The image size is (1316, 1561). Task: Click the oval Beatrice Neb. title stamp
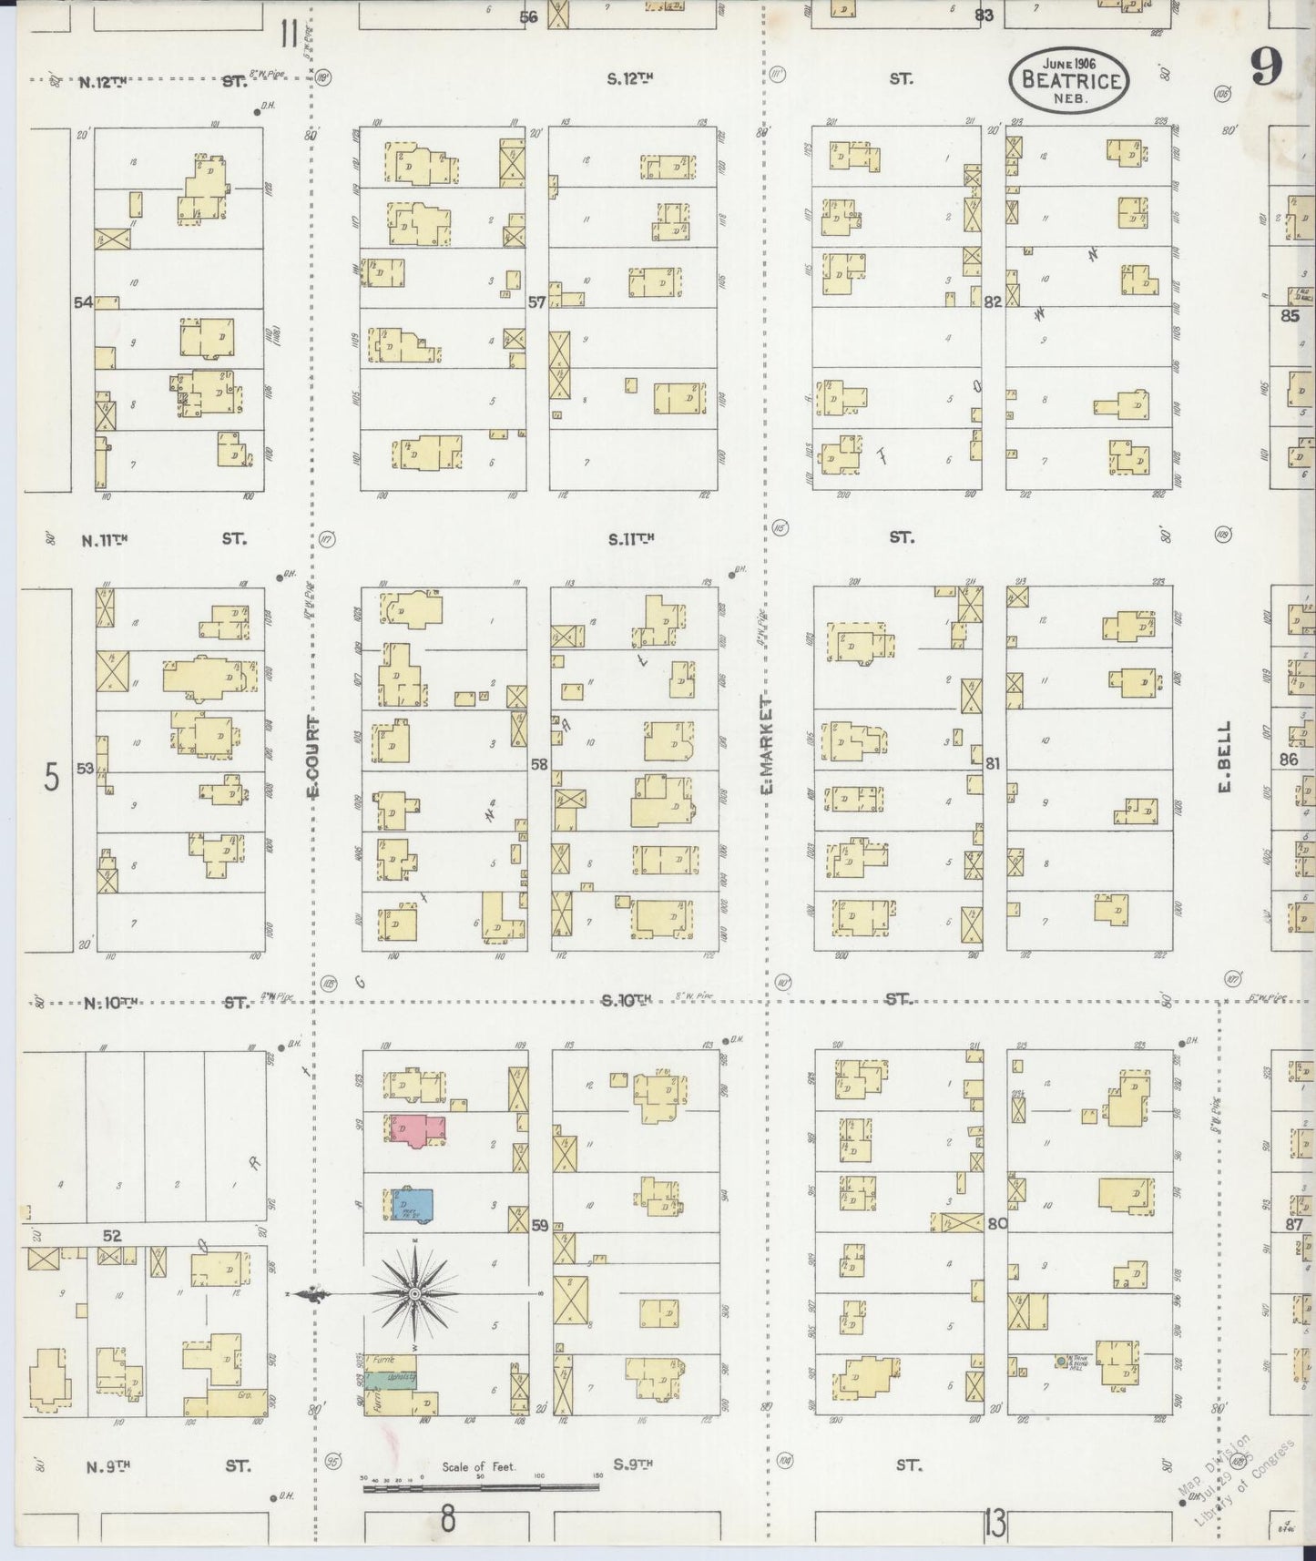tap(1068, 80)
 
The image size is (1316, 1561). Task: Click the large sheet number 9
tap(1266, 66)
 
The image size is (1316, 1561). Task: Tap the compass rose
tap(414, 1293)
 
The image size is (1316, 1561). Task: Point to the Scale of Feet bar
tap(480, 1487)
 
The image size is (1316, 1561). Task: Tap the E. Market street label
tap(767, 746)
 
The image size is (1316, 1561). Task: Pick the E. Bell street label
tap(1224, 757)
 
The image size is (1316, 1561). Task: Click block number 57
tap(536, 301)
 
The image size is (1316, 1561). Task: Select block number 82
tap(992, 301)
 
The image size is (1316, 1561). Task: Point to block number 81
tap(992, 763)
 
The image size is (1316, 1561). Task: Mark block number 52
tap(112, 1236)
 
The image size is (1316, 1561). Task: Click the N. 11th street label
tap(105, 540)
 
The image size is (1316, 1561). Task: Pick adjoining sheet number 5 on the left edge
tap(52, 779)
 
